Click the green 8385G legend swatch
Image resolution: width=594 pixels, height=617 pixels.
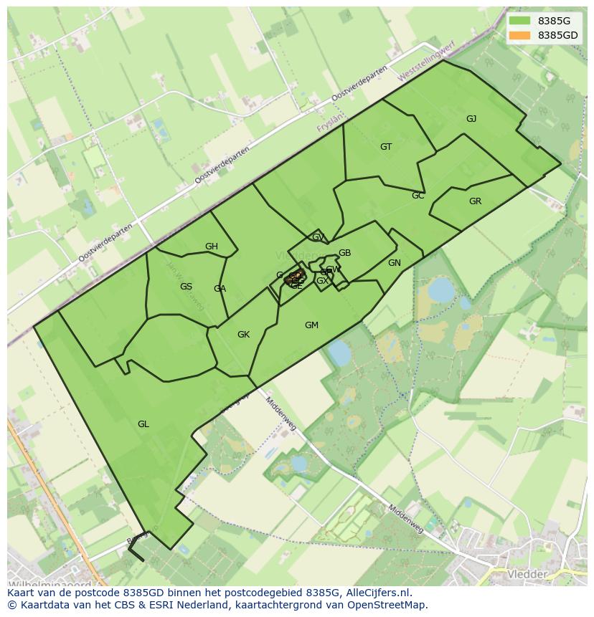520,21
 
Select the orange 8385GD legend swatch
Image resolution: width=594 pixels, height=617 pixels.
520,35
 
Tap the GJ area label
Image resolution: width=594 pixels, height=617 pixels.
471,119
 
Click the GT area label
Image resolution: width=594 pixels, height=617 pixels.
386,147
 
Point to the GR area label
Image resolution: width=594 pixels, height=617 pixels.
475,201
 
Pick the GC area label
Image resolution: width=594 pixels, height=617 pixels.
418,196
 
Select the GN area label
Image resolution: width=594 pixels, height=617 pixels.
395,263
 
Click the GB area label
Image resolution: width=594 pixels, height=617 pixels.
345,253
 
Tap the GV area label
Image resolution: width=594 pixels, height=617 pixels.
318,237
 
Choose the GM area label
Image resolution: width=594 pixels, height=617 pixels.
311,325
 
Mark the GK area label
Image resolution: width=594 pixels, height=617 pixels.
244,335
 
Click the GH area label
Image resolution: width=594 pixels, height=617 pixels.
212,247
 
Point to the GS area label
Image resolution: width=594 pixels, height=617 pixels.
186,287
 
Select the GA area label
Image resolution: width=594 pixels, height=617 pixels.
220,289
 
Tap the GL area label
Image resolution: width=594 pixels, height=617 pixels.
143,424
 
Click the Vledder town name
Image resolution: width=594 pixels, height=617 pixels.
527,575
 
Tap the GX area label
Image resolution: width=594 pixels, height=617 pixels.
322,281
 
